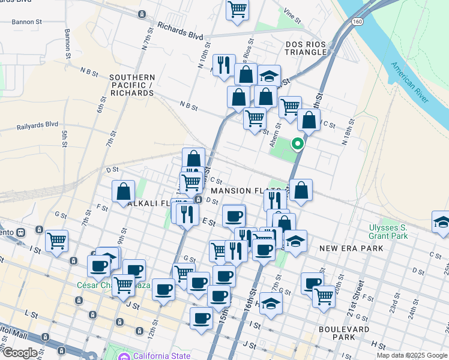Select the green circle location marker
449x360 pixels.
pyautogui.click(x=297, y=144)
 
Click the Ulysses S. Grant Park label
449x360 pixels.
pyautogui.click(x=388, y=232)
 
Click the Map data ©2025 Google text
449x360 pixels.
pyautogui.click(x=412, y=355)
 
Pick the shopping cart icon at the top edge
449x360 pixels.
pyautogui.click(x=237, y=10)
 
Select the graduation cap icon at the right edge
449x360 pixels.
pyautogui.click(x=441, y=221)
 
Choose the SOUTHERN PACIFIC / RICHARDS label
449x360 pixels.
pyautogui.click(x=132, y=85)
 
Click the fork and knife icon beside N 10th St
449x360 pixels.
pyautogui.click(x=224, y=65)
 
